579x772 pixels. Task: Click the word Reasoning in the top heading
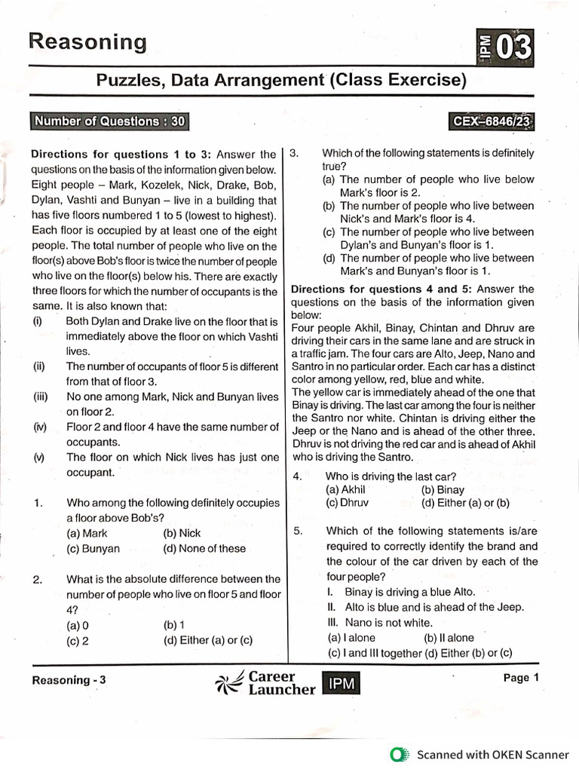point(87,42)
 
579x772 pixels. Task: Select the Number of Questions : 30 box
point(109,121)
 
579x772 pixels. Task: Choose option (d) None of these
point(204,549)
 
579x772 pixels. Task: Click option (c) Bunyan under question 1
point(93,549)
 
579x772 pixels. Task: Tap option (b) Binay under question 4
point(444,489)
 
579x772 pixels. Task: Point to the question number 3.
point(296,154)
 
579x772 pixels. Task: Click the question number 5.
point(299,532)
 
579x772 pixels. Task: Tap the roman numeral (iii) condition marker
point(39,397)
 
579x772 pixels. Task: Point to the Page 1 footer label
point(521,678)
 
